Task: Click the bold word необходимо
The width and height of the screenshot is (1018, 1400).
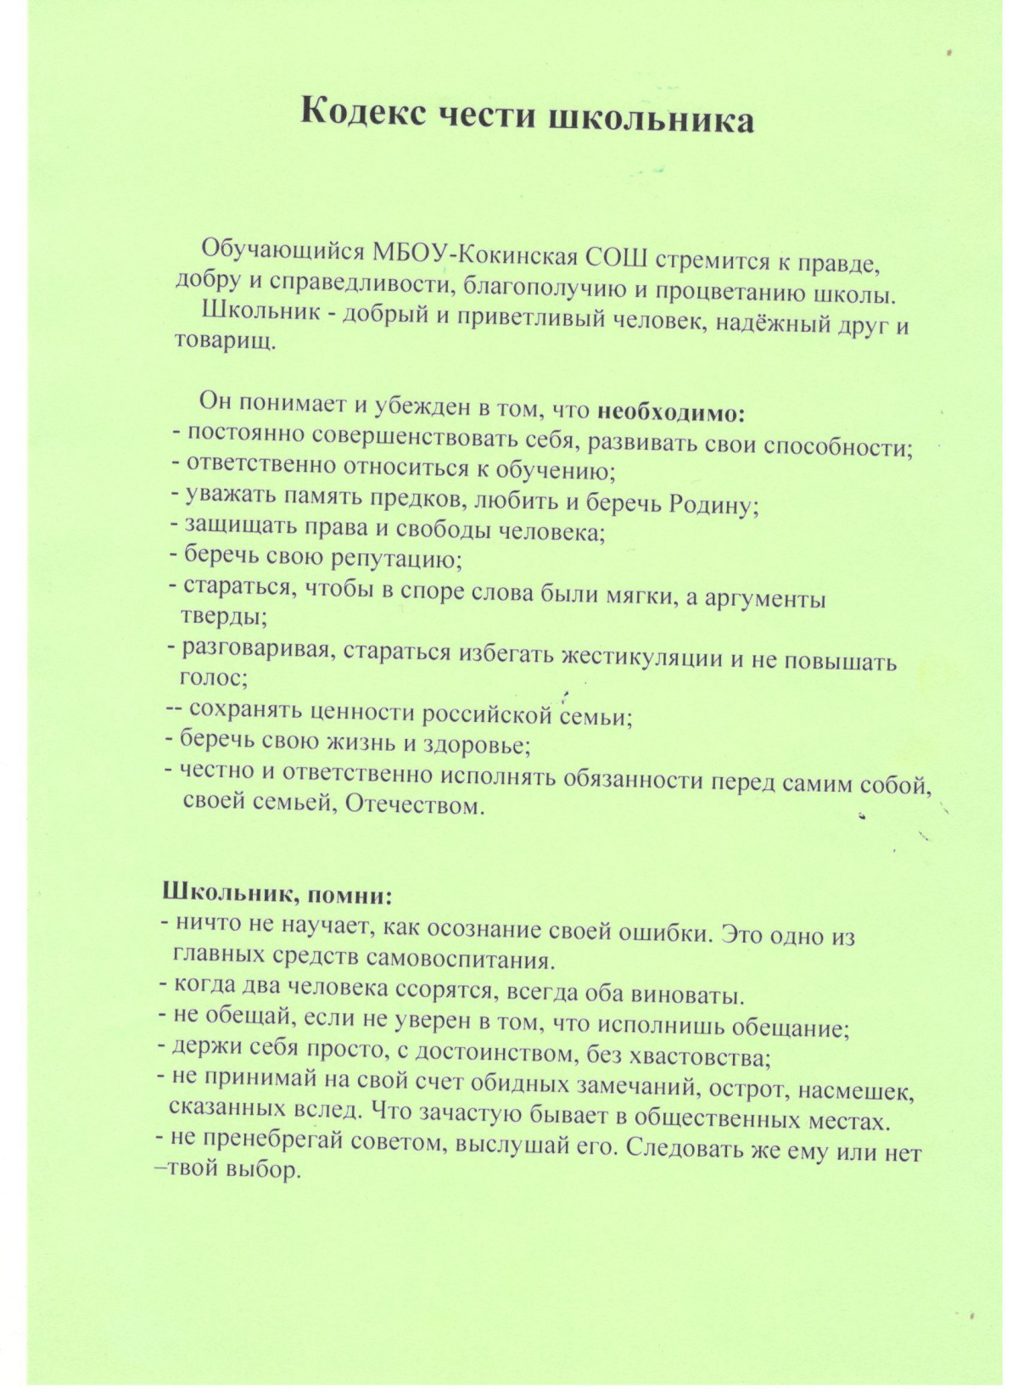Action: [671, 413]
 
